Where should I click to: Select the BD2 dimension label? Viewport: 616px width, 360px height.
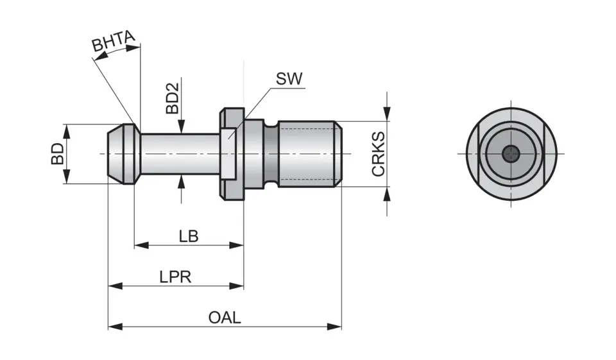tap(172, 97)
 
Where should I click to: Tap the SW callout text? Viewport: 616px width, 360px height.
tap(289, 79)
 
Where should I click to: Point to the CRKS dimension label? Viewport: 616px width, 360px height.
tap(379, 154)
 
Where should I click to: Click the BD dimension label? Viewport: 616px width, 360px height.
tap(58, 154)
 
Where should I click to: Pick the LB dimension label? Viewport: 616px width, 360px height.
tap(188, 236)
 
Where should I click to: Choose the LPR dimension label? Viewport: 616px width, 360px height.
tap(175, 277)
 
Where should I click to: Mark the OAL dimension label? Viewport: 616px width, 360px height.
tap(225, 318)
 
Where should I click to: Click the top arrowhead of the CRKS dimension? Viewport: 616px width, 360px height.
tap(387, 116)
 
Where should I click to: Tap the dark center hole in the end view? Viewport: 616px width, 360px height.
tap(511, 154)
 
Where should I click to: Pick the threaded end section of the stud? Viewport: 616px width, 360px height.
tap(308, 154)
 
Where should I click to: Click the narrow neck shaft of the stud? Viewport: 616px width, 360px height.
tap(180, 154)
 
